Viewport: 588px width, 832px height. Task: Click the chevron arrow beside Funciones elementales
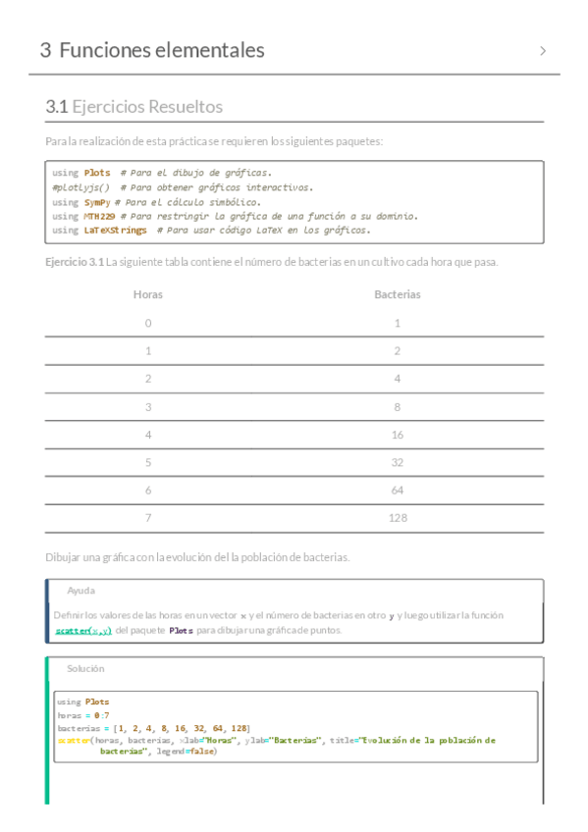(543, 51)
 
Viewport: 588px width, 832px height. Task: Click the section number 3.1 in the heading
(56, 107)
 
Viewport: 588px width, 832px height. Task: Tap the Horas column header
(148, 293)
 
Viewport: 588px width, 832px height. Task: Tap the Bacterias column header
(398, 293)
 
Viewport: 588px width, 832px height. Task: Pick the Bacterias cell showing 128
(398, 517)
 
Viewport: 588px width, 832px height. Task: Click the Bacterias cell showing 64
(398, 490)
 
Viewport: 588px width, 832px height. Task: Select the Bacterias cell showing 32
(398, 461)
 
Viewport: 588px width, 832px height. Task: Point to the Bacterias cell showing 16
(398, 434)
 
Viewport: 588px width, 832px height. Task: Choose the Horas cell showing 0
(148, 322)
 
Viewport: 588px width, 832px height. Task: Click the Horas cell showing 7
(148, 517)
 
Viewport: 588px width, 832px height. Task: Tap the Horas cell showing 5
(148, 461)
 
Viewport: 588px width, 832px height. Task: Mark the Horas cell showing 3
(148, 406)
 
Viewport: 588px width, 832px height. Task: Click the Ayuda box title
(80, 591)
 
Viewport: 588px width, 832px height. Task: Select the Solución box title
(85, 668)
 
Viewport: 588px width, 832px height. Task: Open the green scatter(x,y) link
(83, 631)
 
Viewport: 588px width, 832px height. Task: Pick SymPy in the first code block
(96, 201)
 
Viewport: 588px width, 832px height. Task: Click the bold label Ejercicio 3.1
(75, 262)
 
